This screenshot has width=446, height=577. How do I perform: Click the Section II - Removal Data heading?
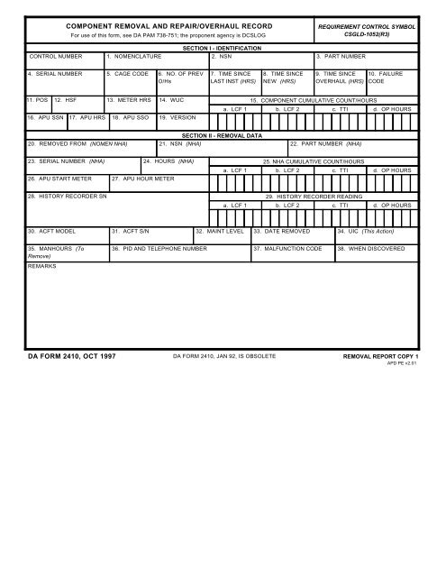(221, 134)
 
